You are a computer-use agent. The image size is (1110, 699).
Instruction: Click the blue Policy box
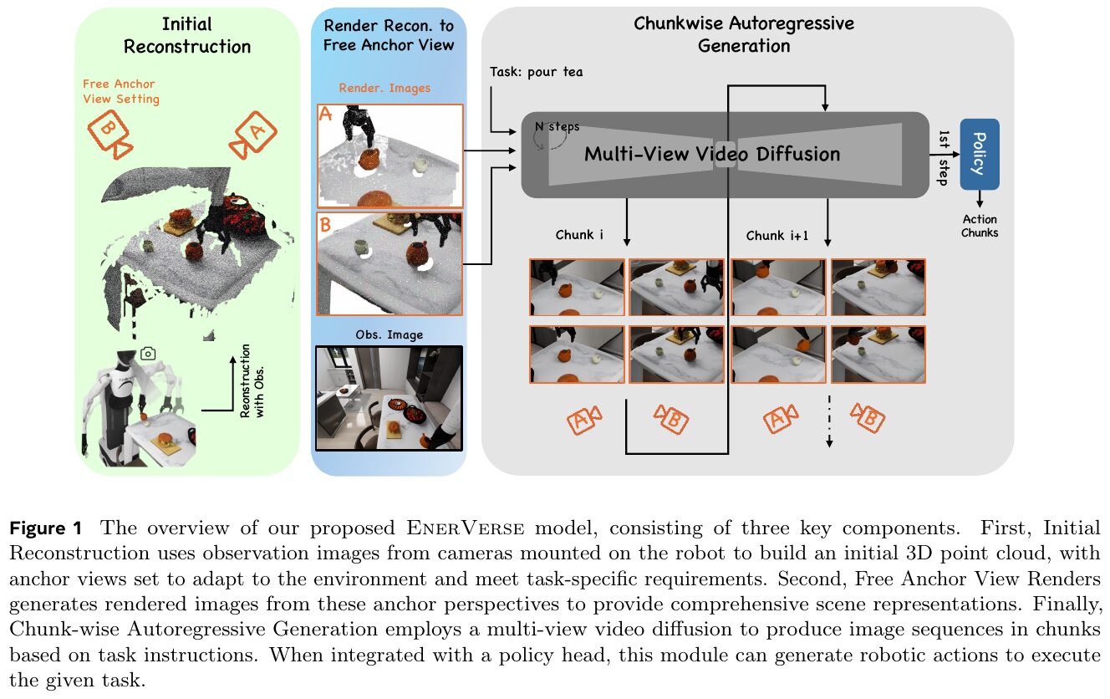click(979, 154)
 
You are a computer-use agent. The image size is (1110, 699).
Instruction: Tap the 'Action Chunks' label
click(980, 226)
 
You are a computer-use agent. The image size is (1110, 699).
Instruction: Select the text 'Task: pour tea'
click(536, 73)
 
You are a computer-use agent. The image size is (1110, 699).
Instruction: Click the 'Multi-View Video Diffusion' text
click(712, 154)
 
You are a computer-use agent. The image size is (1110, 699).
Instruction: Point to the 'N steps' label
click(557, 127)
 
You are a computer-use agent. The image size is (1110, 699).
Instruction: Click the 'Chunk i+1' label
click(777, 236)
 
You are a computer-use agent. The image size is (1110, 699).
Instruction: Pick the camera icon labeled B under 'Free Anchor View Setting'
click(110, 134)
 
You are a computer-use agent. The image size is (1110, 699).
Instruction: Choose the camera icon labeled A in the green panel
click(253, 135)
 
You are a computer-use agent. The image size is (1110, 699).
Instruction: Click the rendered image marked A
click(390, 156)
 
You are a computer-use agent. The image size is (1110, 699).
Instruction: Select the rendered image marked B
click(390, 263)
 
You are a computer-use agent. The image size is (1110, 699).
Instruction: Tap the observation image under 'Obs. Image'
click(390, 398)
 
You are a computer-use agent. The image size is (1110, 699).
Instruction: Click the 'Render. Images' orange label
click(384, 89)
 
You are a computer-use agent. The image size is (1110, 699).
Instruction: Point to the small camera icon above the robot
click(148, 354)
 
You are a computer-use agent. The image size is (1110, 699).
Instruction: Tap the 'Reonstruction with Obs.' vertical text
click(252, 381)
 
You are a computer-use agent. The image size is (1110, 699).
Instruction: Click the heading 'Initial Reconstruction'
click(187, 35)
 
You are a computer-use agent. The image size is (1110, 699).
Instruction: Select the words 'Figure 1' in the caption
click(46, 528)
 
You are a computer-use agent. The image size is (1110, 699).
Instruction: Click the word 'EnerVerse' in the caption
click(465, 528)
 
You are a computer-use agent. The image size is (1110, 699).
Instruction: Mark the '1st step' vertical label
click(943, 158)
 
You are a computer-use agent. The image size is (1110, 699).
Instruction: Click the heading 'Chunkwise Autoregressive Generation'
click(744, 35)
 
